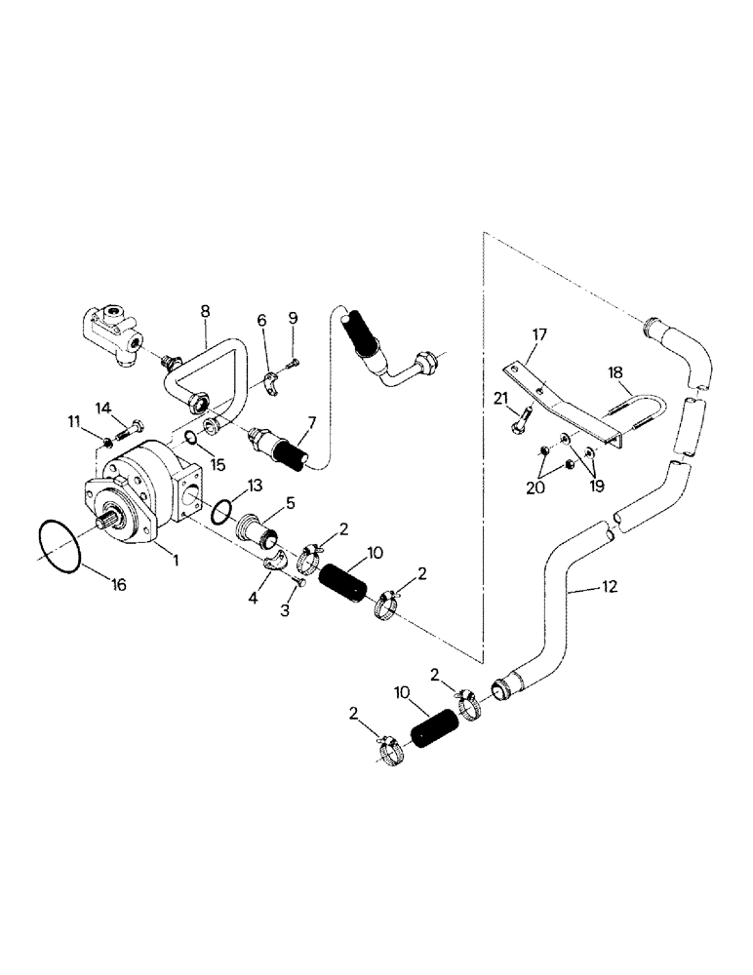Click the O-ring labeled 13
(221, 510)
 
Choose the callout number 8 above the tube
(205, 311)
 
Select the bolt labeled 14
(127, 425)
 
